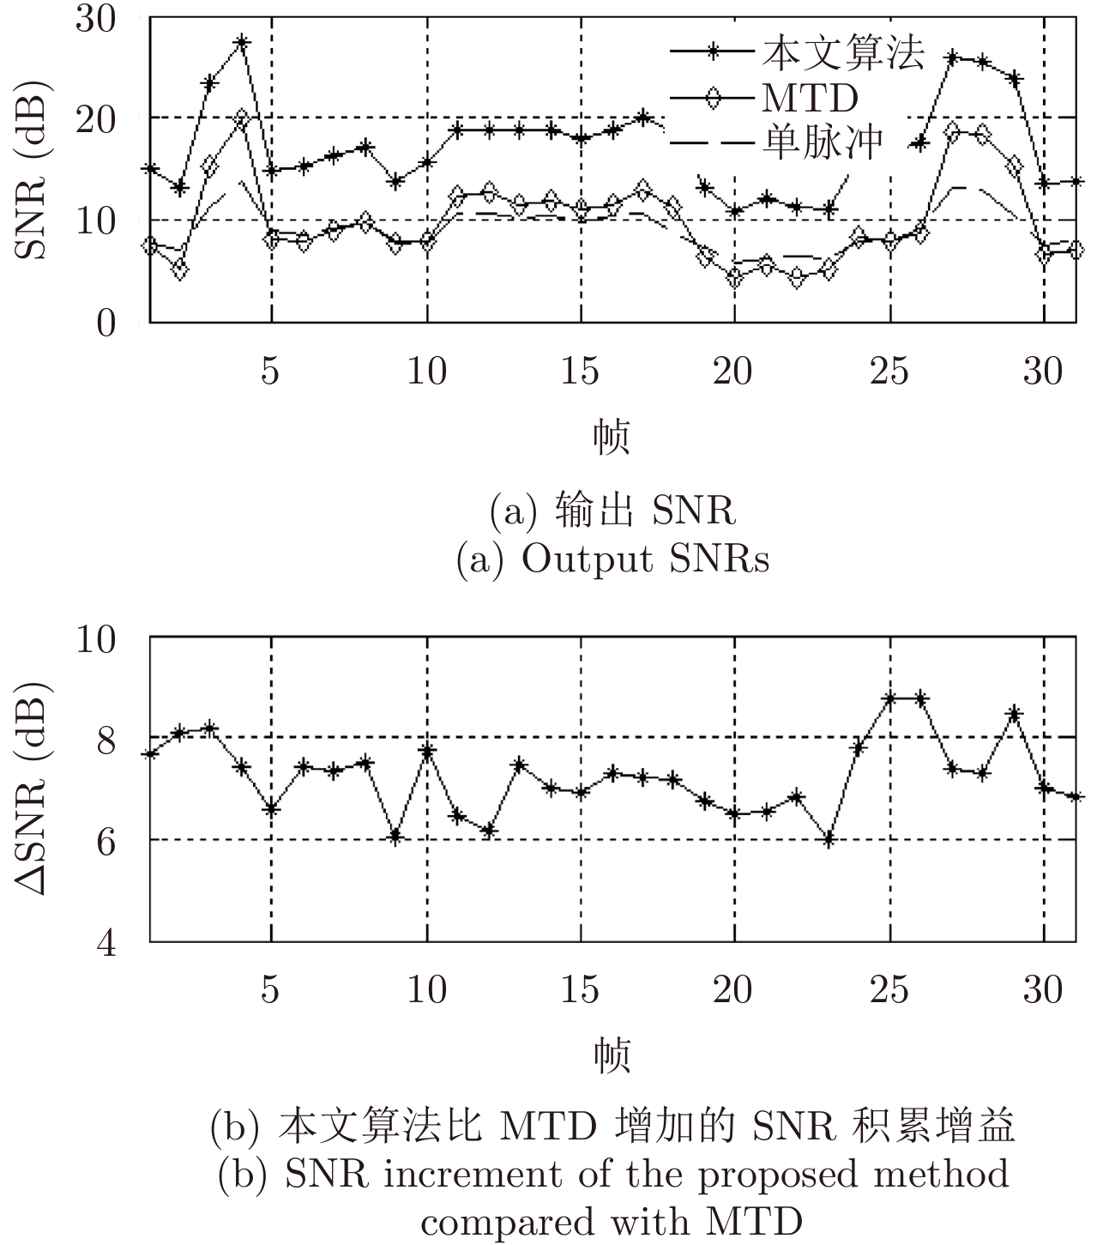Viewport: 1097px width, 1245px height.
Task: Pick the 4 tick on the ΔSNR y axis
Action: (105, 943)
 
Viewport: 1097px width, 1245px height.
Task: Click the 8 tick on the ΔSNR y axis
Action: (105, 739)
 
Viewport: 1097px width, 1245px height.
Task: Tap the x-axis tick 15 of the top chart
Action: (581, 372)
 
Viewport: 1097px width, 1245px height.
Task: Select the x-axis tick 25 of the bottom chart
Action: (889, 990)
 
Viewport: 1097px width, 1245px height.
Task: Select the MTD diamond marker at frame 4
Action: (242, 118)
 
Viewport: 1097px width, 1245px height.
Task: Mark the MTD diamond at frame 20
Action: (735, 278)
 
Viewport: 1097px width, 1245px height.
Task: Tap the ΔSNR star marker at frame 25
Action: (890, 698)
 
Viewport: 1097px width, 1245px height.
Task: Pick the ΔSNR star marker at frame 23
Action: (829, 840)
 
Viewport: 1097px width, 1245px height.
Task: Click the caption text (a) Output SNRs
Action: (612, 559)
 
